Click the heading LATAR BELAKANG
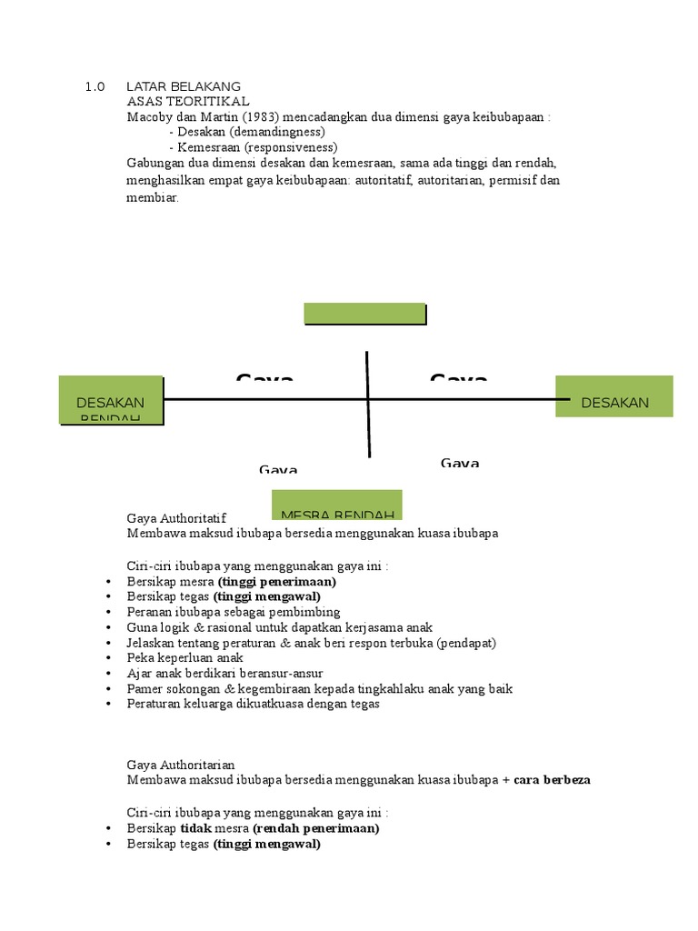coord(184,86)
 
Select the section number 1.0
coord(95,86)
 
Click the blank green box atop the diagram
coord(364,314)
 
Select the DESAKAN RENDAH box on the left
coord(111,400)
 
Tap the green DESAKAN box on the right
coord(614,395)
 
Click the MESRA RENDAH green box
coord(337,505)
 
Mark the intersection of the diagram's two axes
coord(367,399)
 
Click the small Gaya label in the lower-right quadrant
coord(460,464)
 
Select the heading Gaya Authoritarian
coord(181,766)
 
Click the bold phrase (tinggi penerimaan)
coord(276,581)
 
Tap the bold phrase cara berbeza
coord(553,780)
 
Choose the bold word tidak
coord(194,828)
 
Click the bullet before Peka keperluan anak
coord(109,657)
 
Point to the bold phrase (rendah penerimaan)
coord(315,828)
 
